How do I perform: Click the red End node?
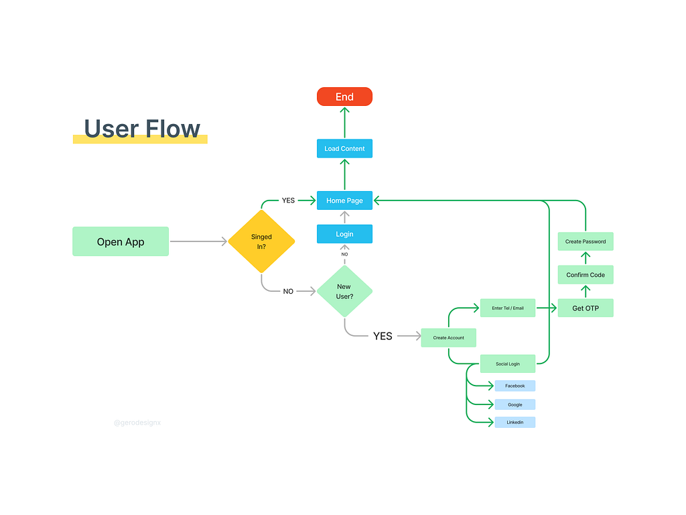point(344,97)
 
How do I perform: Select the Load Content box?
point(344,148)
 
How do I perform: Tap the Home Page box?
point(344,201)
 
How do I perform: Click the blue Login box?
point(344,234)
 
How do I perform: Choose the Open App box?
point(121,241)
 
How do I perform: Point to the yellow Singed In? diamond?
point(261,241)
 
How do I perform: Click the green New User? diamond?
point(344,291)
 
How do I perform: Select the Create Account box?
point(448,337)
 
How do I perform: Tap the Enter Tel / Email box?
point(508,308)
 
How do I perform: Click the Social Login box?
point(508,363)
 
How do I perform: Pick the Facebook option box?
point(514,386)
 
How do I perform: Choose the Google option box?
point(514,404)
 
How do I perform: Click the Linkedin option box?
point(514,422)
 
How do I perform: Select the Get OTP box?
point(586,308)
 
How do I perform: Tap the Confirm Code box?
point(586,275)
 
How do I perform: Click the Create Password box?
point(586,241)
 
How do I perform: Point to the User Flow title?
point(142,129)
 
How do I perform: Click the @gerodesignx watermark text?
point(137,423)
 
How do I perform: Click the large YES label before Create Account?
point(383,336)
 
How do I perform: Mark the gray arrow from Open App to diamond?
point(198,241)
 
